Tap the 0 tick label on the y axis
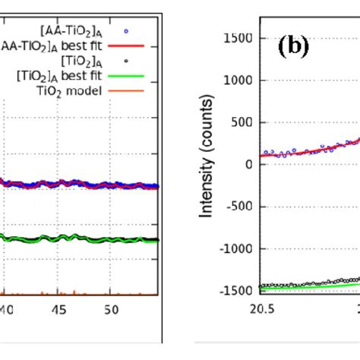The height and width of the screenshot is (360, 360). coord(248,165)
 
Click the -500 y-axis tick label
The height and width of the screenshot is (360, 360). coord(239,207)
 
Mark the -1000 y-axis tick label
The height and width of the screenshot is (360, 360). coord(236,248)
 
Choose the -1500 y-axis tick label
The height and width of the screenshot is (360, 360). coord(236,290)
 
